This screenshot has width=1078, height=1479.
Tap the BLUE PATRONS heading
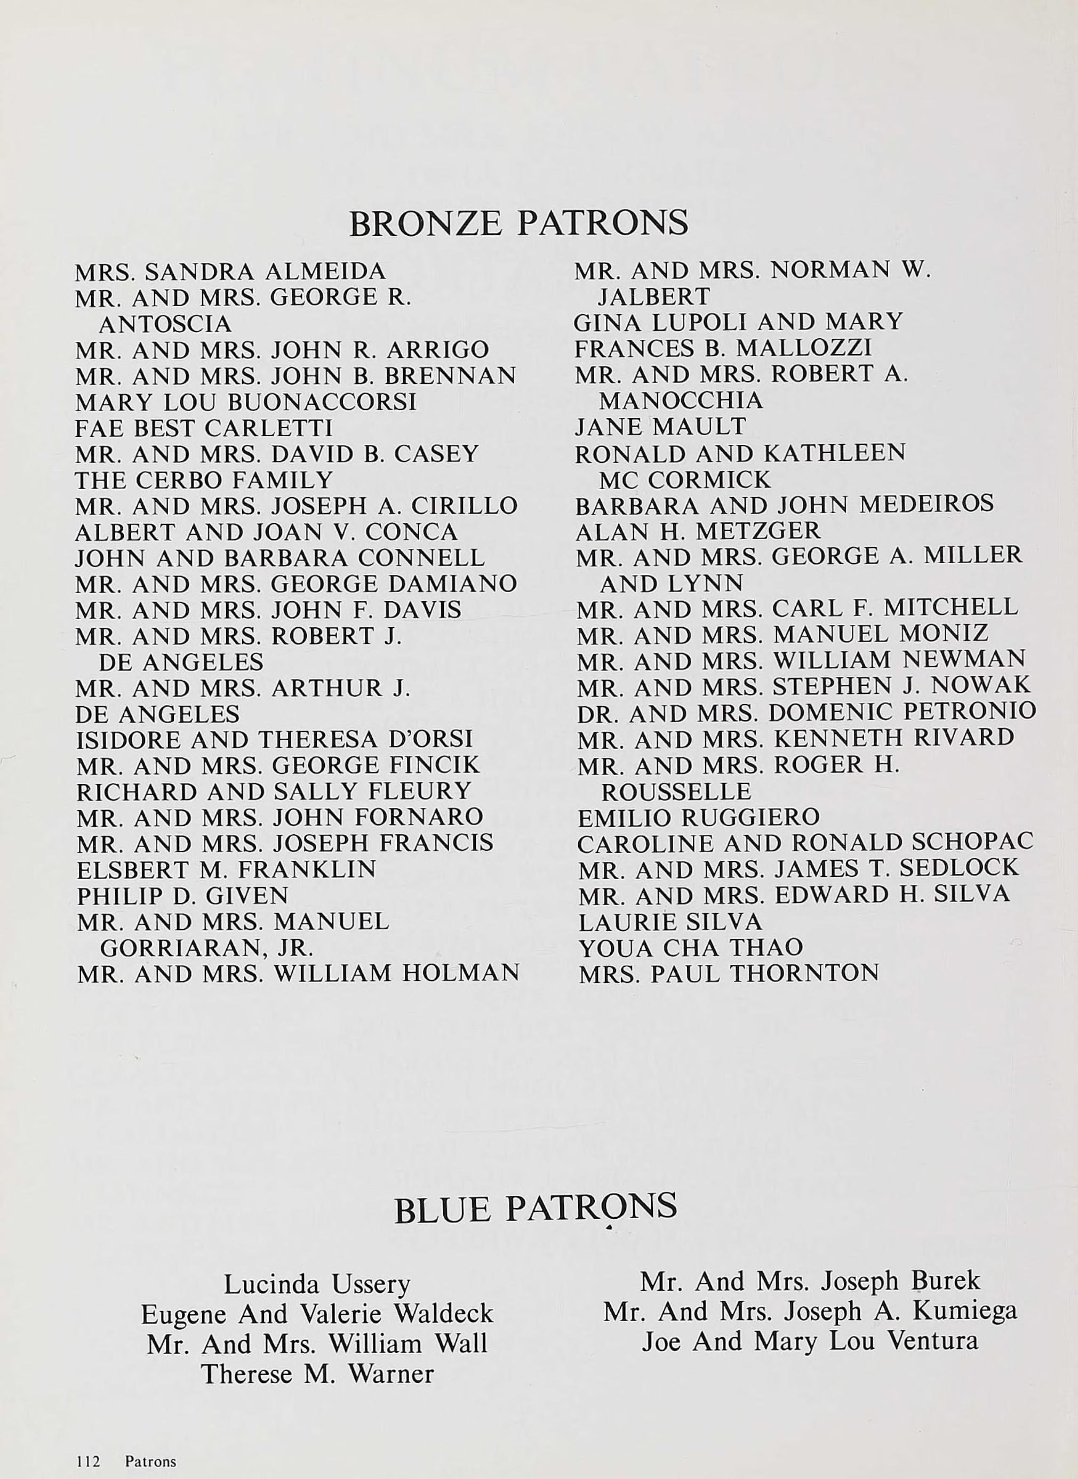coord(535,1208)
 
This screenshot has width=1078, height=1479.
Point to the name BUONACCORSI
coord(322,402)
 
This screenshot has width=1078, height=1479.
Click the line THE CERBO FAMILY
coord(204,480)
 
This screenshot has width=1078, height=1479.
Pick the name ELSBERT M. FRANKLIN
coord(227,870)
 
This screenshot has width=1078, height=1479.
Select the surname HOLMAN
coord(461,973)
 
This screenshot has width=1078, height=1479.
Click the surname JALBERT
coord(654,297)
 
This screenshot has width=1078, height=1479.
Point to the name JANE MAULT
coord(660,427)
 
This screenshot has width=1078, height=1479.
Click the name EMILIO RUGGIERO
coord(698,817)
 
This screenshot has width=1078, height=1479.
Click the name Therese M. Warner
coord(317,1374)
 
